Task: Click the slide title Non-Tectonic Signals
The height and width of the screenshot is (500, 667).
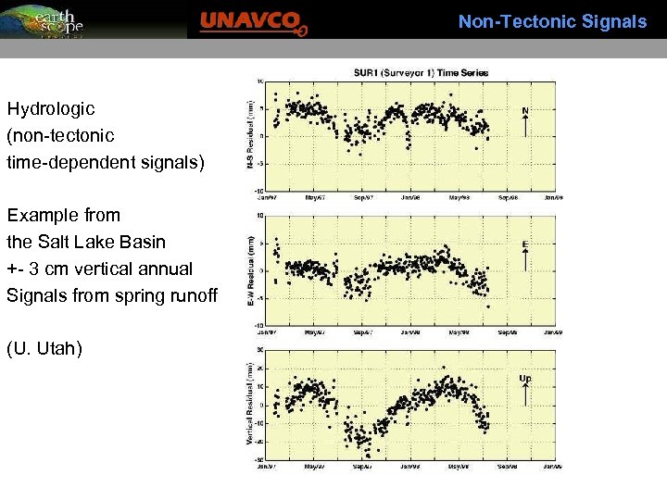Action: click(x=552, y=21)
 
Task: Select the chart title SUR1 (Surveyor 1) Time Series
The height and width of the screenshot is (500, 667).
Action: click(x=421, y=72)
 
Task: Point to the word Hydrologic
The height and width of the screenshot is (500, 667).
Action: click(x=51, y=109)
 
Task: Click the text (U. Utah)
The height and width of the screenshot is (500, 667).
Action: click(x=44, y=349)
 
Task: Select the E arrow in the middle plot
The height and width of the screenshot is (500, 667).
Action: click(x=525, y=258)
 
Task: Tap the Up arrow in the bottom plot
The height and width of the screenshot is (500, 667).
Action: click(x=525, y=392)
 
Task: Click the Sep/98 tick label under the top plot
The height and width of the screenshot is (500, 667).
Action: click(x=509, y=197)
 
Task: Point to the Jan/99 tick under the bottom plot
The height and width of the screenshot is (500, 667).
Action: click(x=553, y=465)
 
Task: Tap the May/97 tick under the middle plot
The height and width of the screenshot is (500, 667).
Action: click(x=314, y=331)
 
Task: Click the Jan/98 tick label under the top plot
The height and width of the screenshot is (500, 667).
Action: click(x=410, y=197)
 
